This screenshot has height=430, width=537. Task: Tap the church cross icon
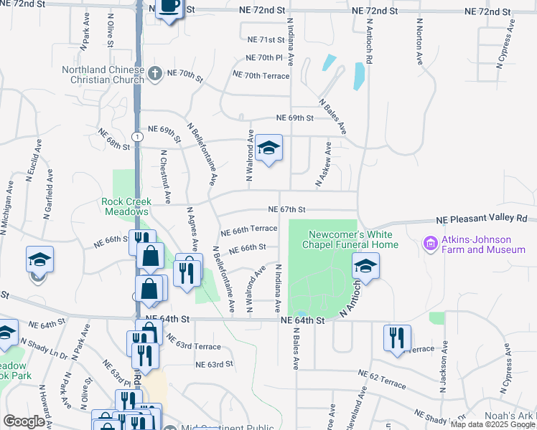154,72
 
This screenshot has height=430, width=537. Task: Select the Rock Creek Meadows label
126,206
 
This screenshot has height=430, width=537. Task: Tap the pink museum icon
431,244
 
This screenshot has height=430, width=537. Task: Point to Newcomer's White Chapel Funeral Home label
353,239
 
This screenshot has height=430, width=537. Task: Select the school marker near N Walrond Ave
269,148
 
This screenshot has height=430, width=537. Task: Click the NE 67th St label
287,209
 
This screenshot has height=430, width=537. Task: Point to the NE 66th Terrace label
248,229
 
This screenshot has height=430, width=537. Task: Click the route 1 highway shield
136,135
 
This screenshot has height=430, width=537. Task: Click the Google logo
24,421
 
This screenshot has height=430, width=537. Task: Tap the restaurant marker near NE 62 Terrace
396,338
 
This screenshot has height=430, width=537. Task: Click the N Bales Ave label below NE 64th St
294,350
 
